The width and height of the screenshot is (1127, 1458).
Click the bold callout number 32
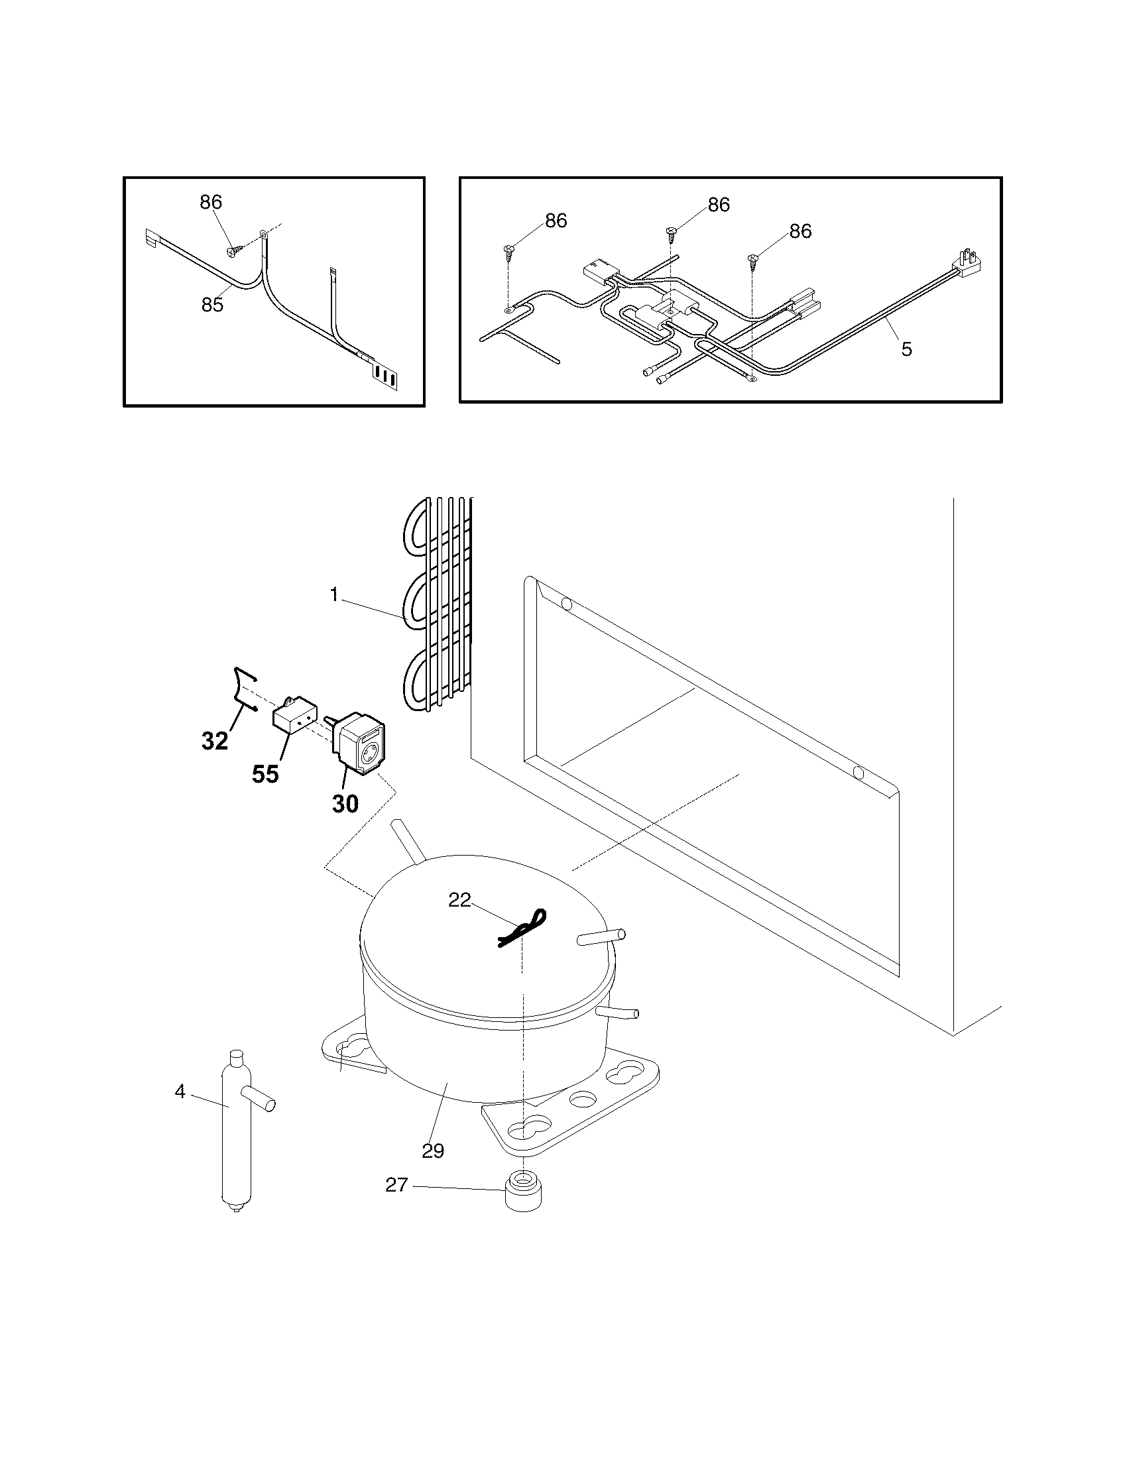click(215, 740)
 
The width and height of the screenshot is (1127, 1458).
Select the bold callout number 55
click(265, 774)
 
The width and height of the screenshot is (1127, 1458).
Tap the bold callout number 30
click(345, 804)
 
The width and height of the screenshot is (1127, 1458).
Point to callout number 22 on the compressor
click(459, 901)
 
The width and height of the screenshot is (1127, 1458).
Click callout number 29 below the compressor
click(433, 1150)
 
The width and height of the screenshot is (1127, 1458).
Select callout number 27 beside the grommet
click(396, 1184)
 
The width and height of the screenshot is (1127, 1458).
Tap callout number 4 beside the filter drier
click(180, 1092)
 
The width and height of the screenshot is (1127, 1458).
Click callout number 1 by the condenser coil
click(335, 595)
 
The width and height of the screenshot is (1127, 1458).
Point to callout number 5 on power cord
click(906, 349)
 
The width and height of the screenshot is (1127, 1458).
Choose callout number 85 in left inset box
click(212, 304)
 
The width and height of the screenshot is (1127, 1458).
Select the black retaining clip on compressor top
click(522, 928)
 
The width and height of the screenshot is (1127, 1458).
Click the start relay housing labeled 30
click(361, 744)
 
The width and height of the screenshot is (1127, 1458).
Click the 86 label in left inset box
click(211, 202)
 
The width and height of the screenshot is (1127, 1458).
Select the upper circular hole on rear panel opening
click(567, 605)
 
